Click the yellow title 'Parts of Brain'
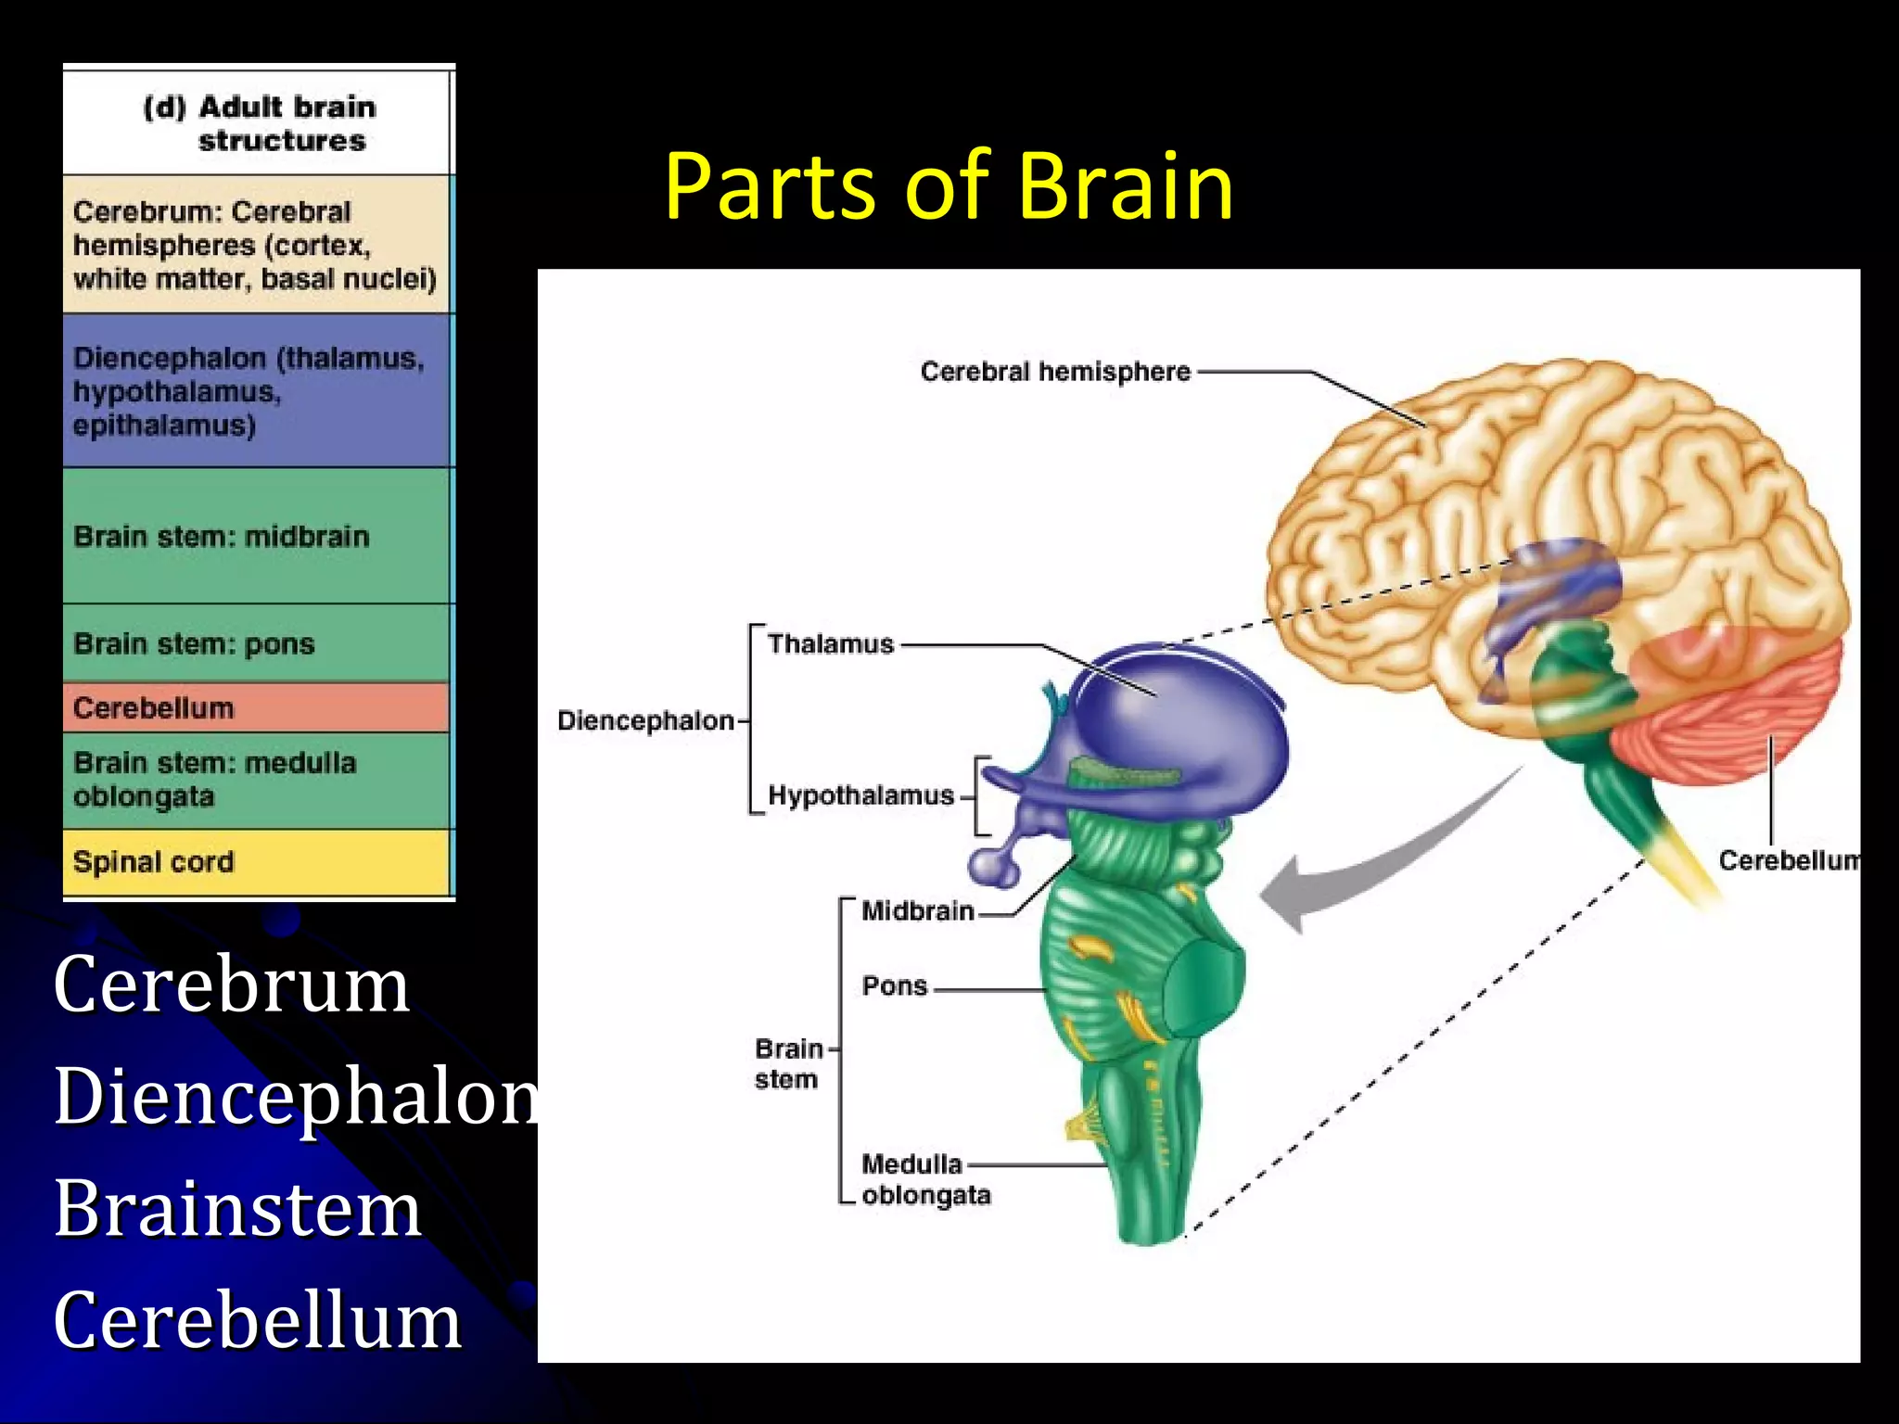click(x=948, y=187)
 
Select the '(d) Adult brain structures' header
click(x=260, y=123)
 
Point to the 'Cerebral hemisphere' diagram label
click(x=1055, y=372)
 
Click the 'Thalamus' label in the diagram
click(x=830, y=644)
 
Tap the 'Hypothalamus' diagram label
click(x=860, y=795)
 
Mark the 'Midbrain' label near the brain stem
click(x=917, y=911)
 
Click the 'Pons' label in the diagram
click(x=894, y=985)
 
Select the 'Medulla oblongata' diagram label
click(x=924, y=1179)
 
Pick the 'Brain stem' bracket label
click(x=787, y=1063)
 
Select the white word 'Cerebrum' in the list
click(x=231, y=984)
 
